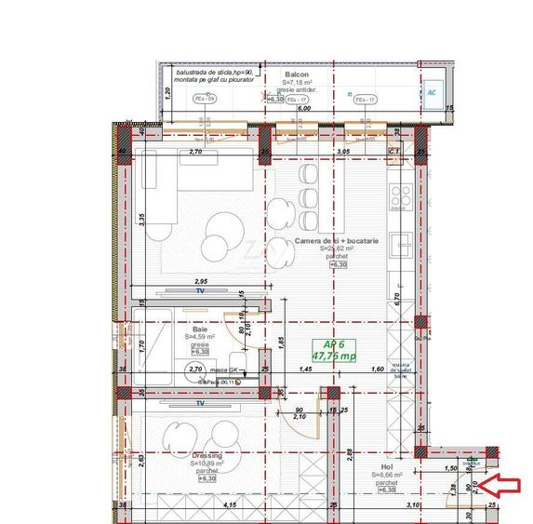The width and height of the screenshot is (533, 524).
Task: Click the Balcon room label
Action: (297, 74)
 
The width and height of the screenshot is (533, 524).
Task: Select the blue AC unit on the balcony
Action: (433, 92)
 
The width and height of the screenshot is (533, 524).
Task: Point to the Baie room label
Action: (200, 329)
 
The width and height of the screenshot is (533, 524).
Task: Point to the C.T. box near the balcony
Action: (393, 151)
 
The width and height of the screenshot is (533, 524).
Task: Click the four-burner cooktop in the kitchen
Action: (401, 196)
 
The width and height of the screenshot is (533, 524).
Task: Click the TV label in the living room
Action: (199, 290)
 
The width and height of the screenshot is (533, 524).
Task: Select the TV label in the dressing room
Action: (199, 405)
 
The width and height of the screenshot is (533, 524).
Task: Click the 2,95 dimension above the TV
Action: (200, 280)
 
